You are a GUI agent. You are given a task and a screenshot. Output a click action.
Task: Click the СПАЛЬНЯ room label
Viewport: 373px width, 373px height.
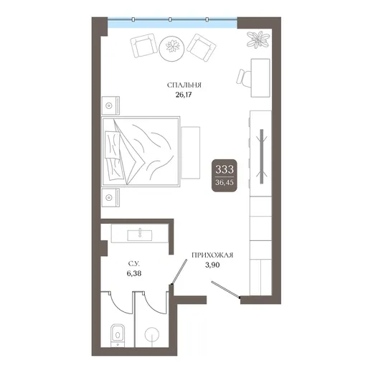tap(184, 85)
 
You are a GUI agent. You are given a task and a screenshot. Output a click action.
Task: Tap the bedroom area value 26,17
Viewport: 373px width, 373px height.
tap(184, 95)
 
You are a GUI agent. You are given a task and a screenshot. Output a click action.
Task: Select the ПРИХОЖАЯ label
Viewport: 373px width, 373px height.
tap(212, 255)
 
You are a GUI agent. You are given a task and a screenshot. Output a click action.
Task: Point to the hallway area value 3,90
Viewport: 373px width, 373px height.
tap(212, 265)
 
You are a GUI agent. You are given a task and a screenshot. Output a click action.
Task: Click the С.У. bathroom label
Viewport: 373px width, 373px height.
tap(134, 264)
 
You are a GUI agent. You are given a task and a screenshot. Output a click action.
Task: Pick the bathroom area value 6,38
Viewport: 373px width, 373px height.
tap(134, 273)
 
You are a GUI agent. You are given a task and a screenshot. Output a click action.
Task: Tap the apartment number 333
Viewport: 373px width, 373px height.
tap(225, 169)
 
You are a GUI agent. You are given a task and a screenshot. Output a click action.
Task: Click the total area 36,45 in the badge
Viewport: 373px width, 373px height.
tap(225, 182)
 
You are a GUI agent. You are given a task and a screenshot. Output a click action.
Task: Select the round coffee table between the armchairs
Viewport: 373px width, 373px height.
tap(172, 49)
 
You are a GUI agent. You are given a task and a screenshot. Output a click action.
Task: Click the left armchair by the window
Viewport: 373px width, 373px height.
tap(143, 45)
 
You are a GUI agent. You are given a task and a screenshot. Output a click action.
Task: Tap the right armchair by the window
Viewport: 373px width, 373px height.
tap(202, 48)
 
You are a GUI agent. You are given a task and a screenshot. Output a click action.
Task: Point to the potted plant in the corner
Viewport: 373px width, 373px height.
tap(258, 39)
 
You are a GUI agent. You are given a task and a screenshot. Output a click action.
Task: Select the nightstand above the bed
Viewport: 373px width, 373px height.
tap(110, 105)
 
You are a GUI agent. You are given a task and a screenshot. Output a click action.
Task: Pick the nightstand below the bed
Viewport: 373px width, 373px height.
tap(110, 197)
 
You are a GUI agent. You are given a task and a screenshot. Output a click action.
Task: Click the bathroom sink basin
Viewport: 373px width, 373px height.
tap(140, 235)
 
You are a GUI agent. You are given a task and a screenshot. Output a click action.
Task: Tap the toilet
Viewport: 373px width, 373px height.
tap(118, 335)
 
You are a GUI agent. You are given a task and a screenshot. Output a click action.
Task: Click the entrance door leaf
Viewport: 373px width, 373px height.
tap(225, 290)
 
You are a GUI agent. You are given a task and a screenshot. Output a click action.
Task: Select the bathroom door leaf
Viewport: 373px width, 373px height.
tap(179, 272)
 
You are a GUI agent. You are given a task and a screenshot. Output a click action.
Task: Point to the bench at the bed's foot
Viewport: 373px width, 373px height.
tap(190, 153)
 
